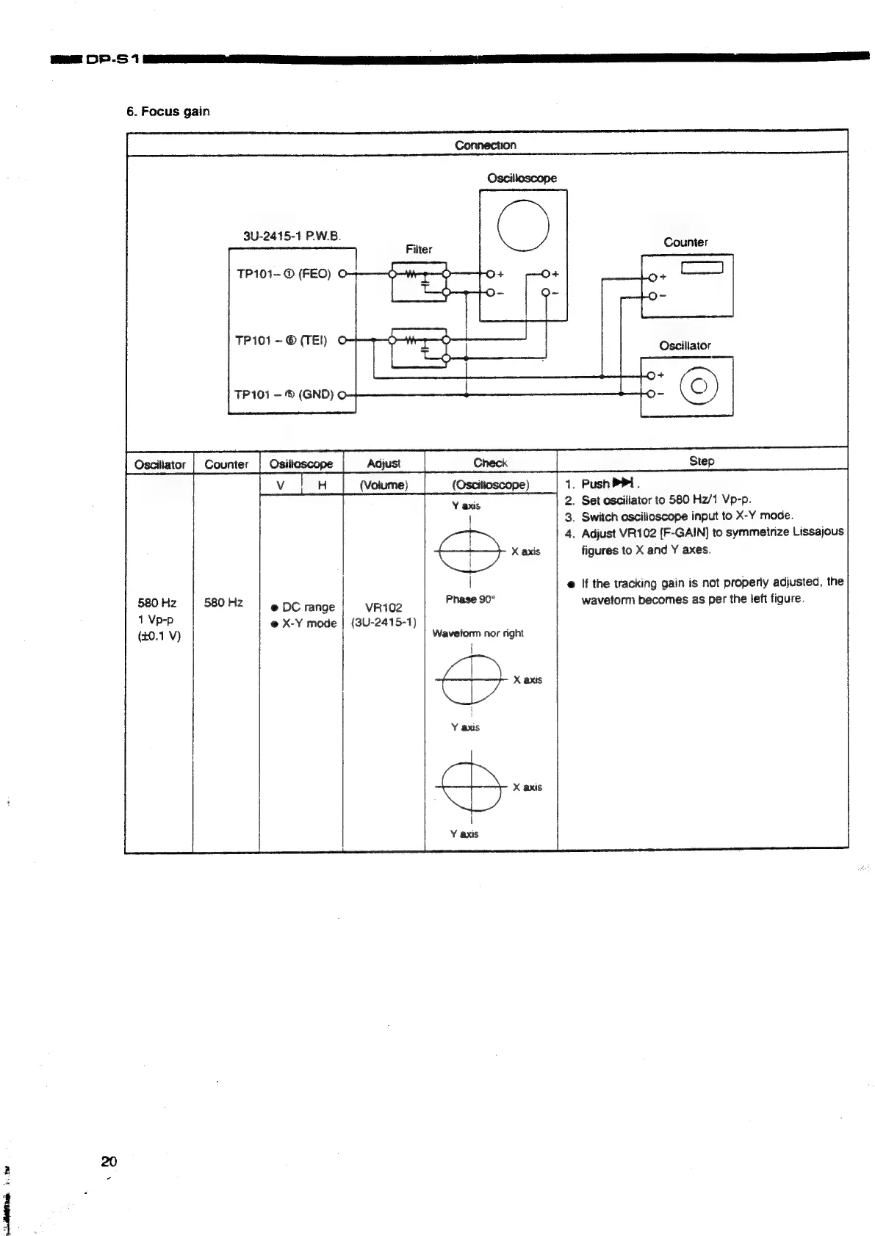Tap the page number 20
109,1161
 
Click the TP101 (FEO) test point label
284,274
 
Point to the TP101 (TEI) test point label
281,340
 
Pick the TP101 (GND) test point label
284,394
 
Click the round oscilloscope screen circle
523,225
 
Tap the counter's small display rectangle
703,268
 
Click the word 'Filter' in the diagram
419,249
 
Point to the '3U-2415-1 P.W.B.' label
291,236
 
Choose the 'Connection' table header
485,145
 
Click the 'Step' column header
702,460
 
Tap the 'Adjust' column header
383,463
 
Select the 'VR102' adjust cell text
384,607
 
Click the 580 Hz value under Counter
224,603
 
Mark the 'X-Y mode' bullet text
308,624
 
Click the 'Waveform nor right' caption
478,633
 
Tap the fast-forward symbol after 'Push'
623,483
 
